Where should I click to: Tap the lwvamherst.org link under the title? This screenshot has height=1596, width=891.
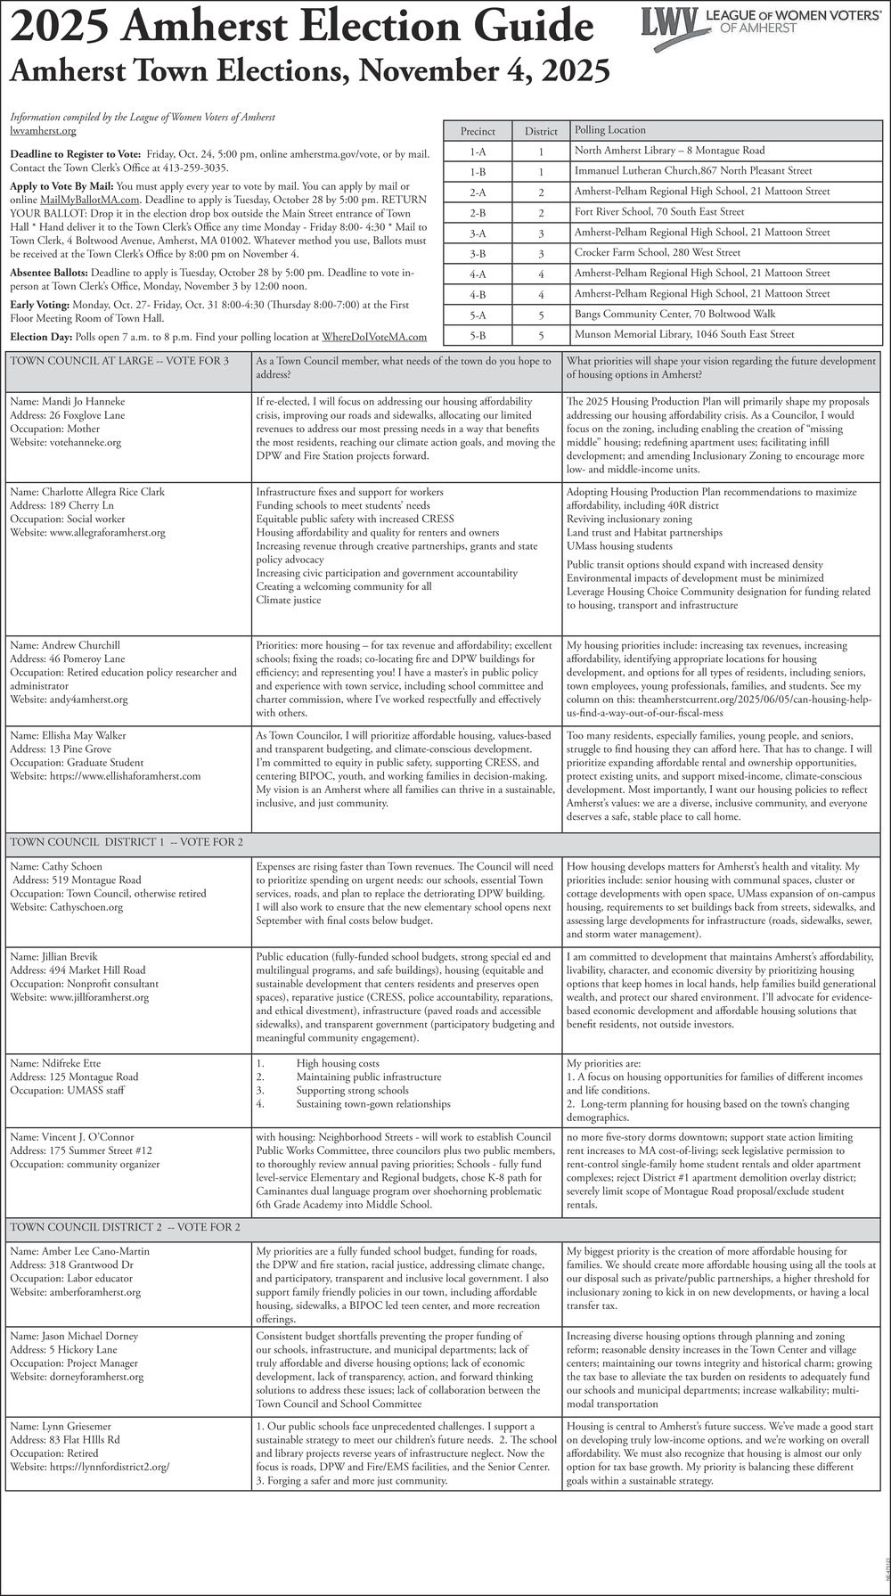[43, 131]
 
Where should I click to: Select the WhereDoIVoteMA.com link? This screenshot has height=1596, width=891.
[374, 337]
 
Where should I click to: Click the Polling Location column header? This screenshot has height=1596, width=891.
[610, 130]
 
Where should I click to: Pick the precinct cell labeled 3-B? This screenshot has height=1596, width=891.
[478, 253]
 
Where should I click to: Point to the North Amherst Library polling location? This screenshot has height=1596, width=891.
[669, 151]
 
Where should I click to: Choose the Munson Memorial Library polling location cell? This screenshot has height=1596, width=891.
[683, 334]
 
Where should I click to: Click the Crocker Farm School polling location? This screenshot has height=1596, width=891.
[657, 253]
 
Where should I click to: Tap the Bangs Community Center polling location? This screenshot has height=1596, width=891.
[674, 314]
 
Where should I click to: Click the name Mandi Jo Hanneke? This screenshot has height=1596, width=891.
[68, 402]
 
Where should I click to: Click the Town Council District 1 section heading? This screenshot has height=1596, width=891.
[127, 842]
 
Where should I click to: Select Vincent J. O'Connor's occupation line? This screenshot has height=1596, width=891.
[85, 1164]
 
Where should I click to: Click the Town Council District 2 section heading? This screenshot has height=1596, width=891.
[125, 1227]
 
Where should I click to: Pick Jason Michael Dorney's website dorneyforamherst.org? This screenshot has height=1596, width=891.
[77, 1377]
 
